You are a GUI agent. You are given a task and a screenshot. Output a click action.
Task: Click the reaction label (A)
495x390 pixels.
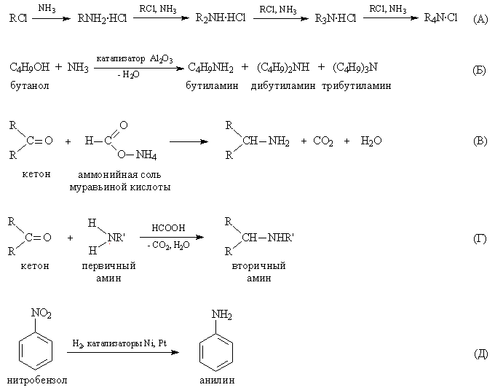480,19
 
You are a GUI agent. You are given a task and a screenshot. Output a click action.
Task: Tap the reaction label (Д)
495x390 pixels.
480,354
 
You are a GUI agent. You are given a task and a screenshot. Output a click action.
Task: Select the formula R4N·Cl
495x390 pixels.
440,17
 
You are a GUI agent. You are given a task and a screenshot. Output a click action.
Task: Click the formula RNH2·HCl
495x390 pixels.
102,19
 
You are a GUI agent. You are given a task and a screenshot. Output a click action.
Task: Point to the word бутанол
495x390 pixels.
30,85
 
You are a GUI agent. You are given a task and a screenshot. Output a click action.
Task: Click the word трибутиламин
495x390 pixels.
357,85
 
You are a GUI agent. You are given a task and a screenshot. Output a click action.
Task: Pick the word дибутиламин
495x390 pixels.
283,85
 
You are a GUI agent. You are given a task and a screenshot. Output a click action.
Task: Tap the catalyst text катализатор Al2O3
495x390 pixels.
135,59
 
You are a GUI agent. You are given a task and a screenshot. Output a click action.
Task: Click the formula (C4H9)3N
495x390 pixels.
355,67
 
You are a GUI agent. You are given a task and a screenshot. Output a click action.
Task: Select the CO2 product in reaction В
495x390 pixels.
323,141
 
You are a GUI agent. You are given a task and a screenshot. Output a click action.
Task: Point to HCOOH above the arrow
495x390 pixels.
168,228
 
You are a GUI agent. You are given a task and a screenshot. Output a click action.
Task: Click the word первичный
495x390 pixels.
108,265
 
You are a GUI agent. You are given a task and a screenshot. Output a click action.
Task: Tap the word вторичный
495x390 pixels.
258,265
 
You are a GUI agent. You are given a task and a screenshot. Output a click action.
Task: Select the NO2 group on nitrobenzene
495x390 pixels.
41,313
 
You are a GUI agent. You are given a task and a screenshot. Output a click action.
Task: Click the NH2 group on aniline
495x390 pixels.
221,315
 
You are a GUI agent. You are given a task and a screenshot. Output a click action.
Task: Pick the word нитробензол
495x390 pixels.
37,380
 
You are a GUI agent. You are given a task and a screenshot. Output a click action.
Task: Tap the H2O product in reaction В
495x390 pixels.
371,141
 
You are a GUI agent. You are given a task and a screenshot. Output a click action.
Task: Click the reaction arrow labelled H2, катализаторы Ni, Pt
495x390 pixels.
123,352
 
